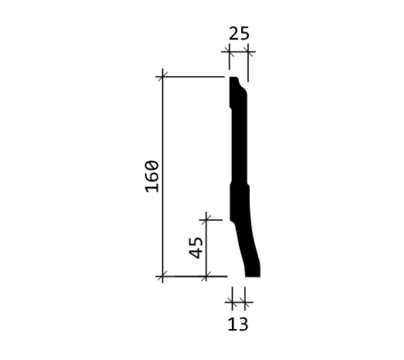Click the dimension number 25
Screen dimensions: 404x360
[239, 33]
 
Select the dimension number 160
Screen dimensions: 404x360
[152, 176]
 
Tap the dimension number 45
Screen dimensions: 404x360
[196, 248]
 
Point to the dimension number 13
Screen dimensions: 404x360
[238, 324]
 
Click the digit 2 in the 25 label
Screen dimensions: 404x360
[233, 33]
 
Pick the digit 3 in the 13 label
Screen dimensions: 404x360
[243, 324]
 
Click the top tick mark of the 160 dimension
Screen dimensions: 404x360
[162, 77]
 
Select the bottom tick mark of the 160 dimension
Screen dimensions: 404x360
[162, 276]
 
